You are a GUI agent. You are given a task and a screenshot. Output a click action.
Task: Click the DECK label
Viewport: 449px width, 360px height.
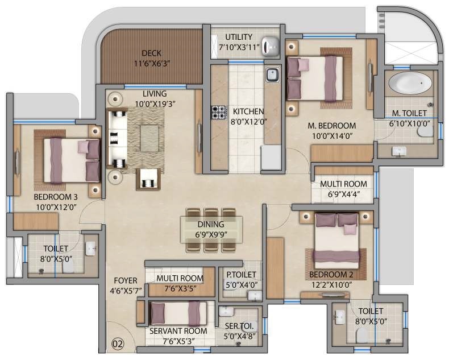[151, 53]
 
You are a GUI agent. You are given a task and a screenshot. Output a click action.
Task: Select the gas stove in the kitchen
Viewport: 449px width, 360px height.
[219, 111]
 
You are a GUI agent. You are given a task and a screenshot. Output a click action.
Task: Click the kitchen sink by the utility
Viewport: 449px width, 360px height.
[272, 73]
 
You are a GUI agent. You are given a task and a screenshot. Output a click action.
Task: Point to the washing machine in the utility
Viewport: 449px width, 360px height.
[271, 48]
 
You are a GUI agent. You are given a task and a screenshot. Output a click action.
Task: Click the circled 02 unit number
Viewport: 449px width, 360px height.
[118, 344]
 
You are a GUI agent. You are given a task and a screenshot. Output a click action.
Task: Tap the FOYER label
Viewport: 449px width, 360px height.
[126, 280]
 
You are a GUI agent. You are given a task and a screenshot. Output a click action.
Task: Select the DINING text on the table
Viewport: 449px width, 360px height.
[211, 225]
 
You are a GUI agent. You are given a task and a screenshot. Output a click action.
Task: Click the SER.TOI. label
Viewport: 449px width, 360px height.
[239, 327]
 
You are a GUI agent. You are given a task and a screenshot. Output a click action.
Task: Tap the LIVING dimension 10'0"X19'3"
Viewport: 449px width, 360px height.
[155, 104]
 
